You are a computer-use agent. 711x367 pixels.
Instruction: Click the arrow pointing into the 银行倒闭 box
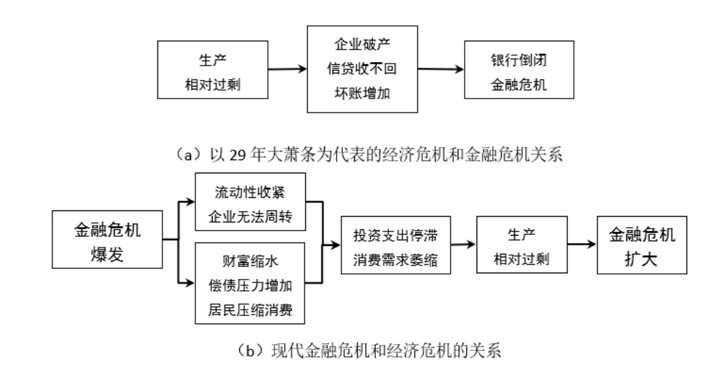[442, 69]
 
